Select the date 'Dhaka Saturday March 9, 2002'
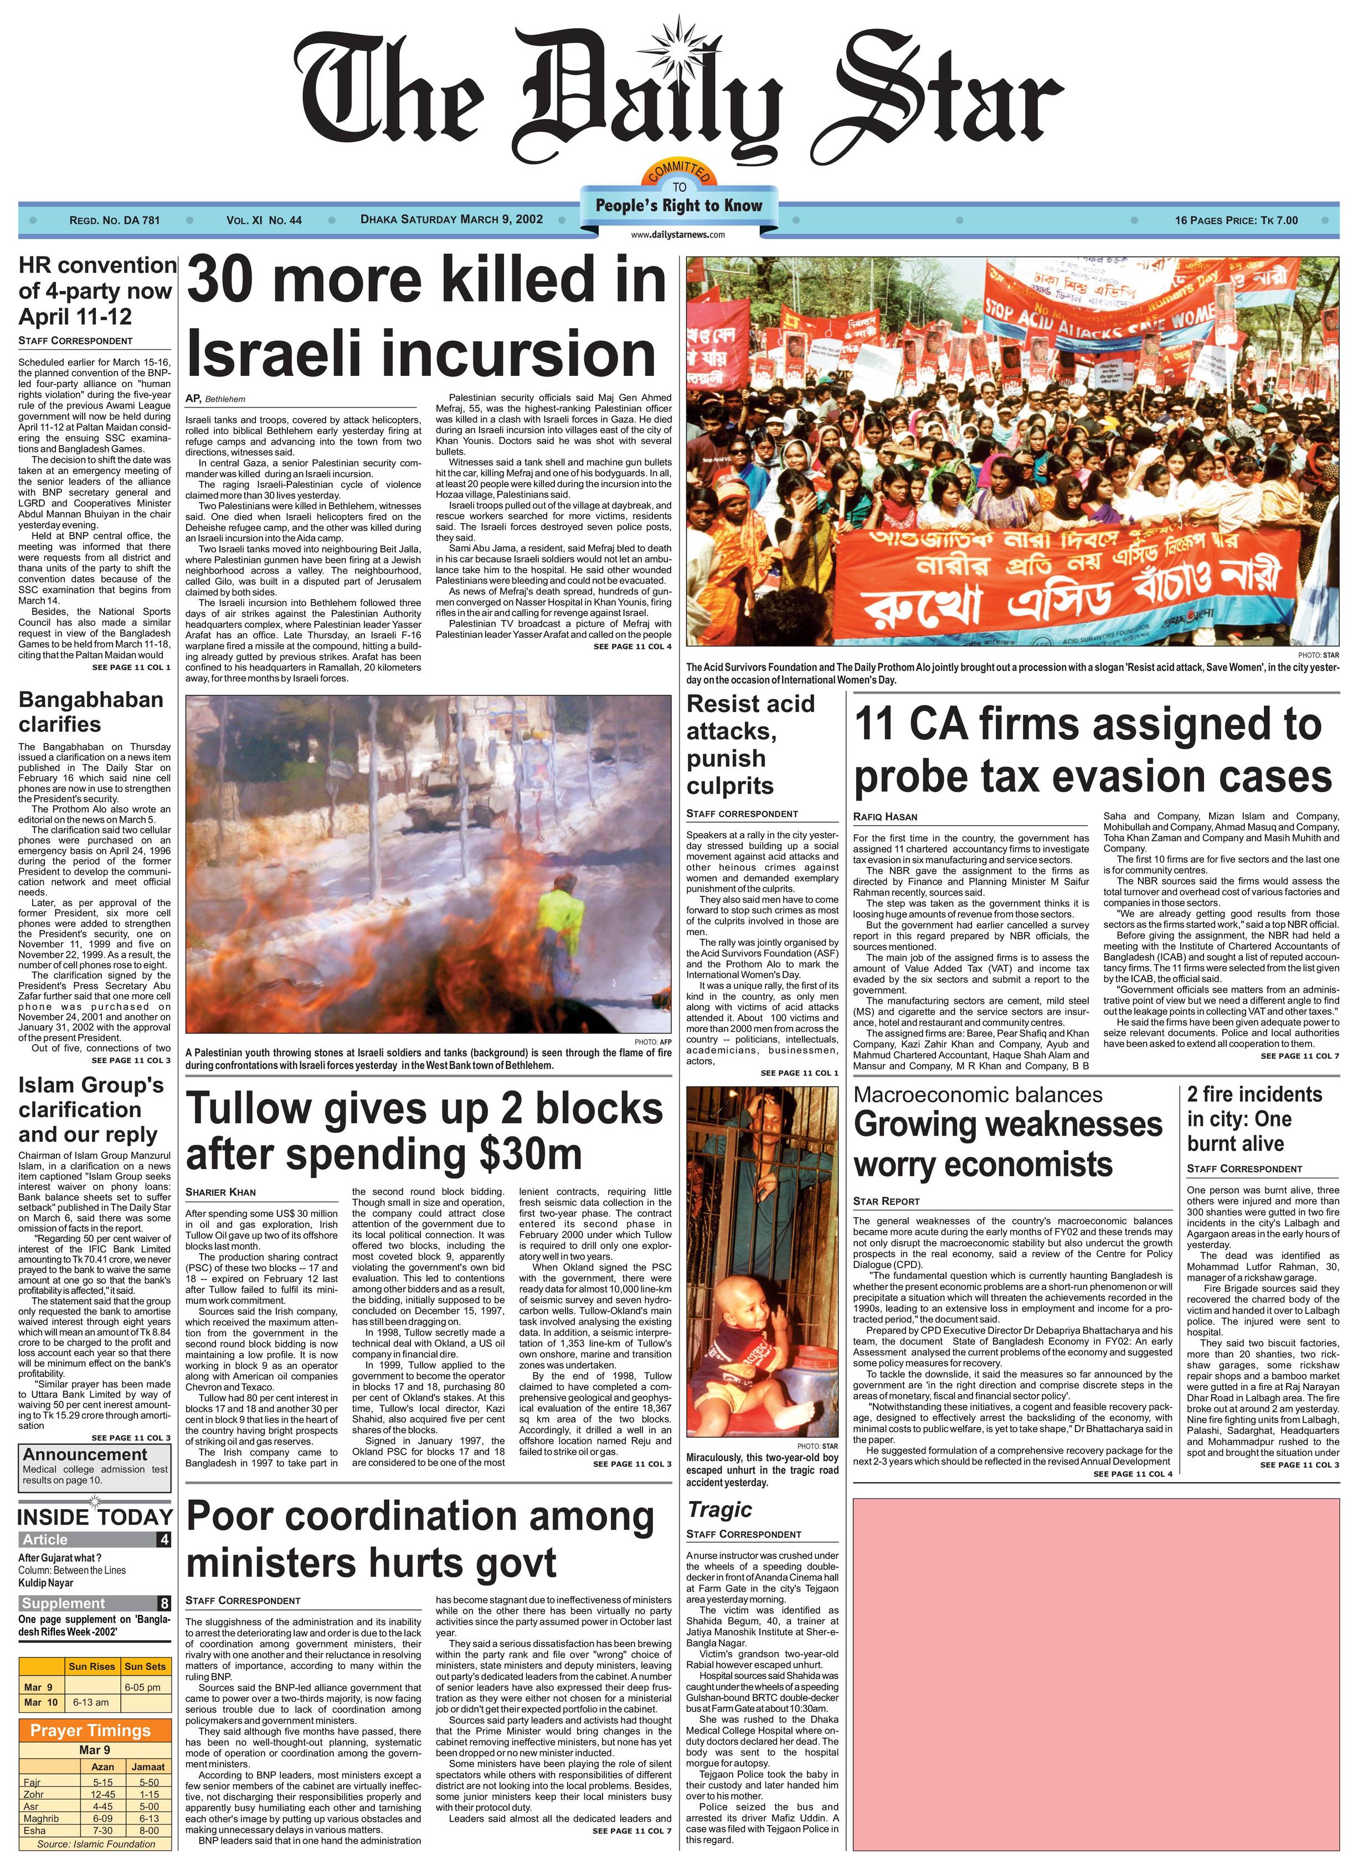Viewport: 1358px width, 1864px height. [451, 219]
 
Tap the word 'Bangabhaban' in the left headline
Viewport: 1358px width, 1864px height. [90, 700]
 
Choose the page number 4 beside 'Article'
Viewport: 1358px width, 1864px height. [165, 1540]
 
